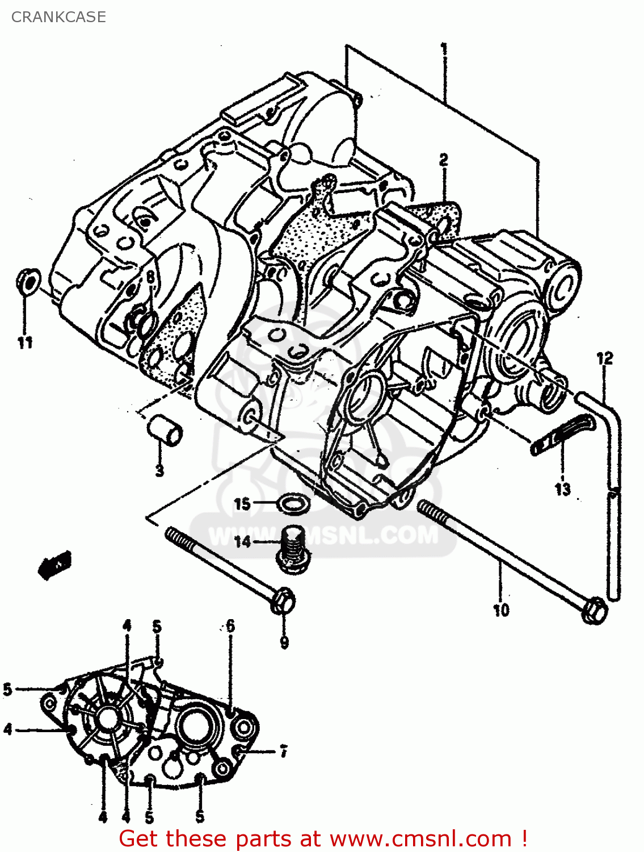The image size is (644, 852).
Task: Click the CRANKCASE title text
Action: [x=58, y=17]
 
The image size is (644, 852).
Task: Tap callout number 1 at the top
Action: [x=444, y=49]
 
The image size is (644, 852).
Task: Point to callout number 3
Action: [x=160, y=470]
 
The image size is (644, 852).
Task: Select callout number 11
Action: [x=25, y=343]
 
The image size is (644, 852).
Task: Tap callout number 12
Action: [x=605, y=358]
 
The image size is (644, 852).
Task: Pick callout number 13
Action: [x=562, y=489]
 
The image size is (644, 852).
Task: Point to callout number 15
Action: [x=242, y=504]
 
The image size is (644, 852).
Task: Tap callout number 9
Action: [x=284, y=642]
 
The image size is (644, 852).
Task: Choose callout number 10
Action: [x=501, y=611]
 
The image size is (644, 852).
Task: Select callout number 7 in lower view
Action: [x=283, y=751]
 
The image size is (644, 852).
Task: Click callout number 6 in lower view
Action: [x=230, y=626]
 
